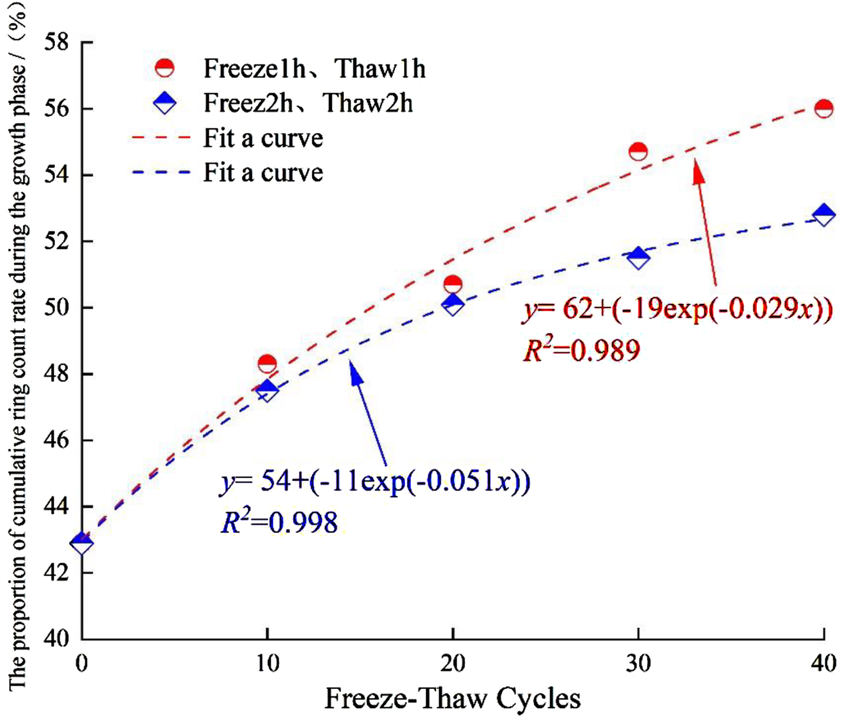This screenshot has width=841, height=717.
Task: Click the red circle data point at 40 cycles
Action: [x=824, y=108]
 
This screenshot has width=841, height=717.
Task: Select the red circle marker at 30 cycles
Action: [x=638, y=151]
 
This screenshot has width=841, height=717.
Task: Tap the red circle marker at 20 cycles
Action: [x=453, y=284]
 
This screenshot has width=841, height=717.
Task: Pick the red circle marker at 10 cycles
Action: [x=267, y=363]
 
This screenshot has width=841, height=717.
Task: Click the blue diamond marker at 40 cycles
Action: [x=824, y=215]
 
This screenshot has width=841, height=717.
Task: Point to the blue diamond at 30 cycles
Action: [x=638, y=257]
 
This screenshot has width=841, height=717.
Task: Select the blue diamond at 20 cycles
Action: [x=453, y=304]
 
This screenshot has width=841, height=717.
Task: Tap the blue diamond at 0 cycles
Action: [x=82, y=543]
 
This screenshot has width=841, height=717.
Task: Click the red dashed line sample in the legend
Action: [x=160, y=138]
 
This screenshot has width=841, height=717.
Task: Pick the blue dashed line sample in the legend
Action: [x=160, y=172]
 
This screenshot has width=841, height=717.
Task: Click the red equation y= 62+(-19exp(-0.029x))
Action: [x=677, y=309]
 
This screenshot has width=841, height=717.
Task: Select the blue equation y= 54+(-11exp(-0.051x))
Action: [x=375, y=482]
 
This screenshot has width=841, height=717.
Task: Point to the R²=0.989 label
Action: [x=581, y=350]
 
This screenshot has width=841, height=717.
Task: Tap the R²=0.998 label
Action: [x=279, y=522]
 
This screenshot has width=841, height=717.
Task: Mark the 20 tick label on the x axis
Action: [x=453, y=663]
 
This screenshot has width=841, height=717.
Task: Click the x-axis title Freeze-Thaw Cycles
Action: [x=452, y=698]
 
